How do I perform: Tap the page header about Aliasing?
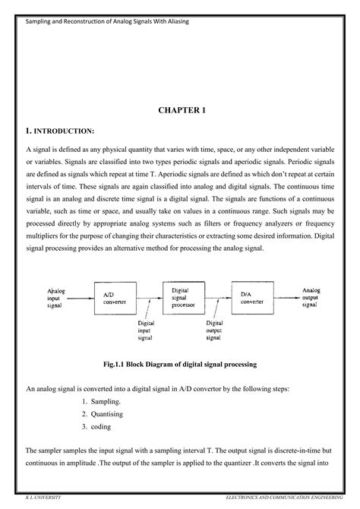point(107,21)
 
